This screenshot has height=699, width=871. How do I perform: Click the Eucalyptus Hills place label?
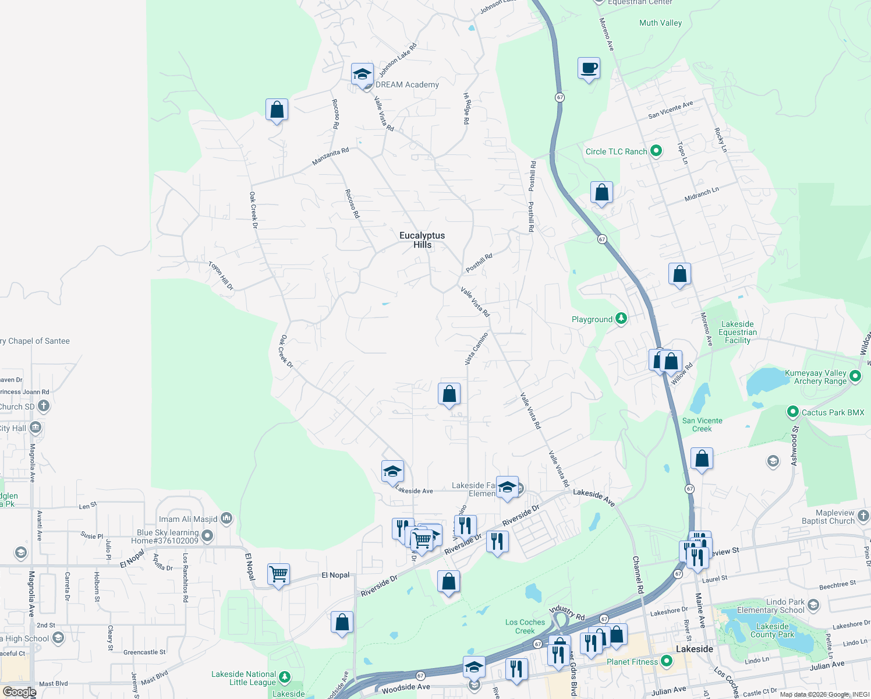tap(422, 240)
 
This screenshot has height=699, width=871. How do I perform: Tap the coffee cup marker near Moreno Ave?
tap(589, 68)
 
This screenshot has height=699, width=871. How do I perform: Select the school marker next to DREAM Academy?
tap(362, 75)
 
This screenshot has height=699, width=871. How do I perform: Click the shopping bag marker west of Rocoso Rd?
tap(277, 110)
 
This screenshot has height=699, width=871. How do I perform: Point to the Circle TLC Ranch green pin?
tap(656, 151)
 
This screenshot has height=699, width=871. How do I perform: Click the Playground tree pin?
tap(621, 319)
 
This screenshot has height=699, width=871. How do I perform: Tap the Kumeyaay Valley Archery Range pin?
tap(855, 376)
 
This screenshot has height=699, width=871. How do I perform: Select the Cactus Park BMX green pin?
tap(792, 412)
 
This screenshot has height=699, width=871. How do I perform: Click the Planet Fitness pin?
tap(667, 661)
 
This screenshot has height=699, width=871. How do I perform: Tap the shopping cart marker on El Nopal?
tap(278, 574)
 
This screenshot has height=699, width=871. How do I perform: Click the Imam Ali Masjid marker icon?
tap(226, 518)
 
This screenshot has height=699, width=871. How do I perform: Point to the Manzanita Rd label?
tap(330, 156)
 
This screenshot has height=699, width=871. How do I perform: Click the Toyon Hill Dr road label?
tap(221, 276)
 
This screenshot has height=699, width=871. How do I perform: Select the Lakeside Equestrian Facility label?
tap(738, 332)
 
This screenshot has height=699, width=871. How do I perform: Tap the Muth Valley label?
tap(660, 23)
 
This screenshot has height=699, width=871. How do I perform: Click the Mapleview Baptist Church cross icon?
tap(863, 516)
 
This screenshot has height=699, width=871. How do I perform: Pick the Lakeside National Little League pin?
tap(285, 677)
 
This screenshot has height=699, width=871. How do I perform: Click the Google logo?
tap(20, 692)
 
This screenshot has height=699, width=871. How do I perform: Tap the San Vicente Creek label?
tap(702, 425)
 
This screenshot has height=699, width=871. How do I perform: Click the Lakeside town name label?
tap(695, 649)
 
